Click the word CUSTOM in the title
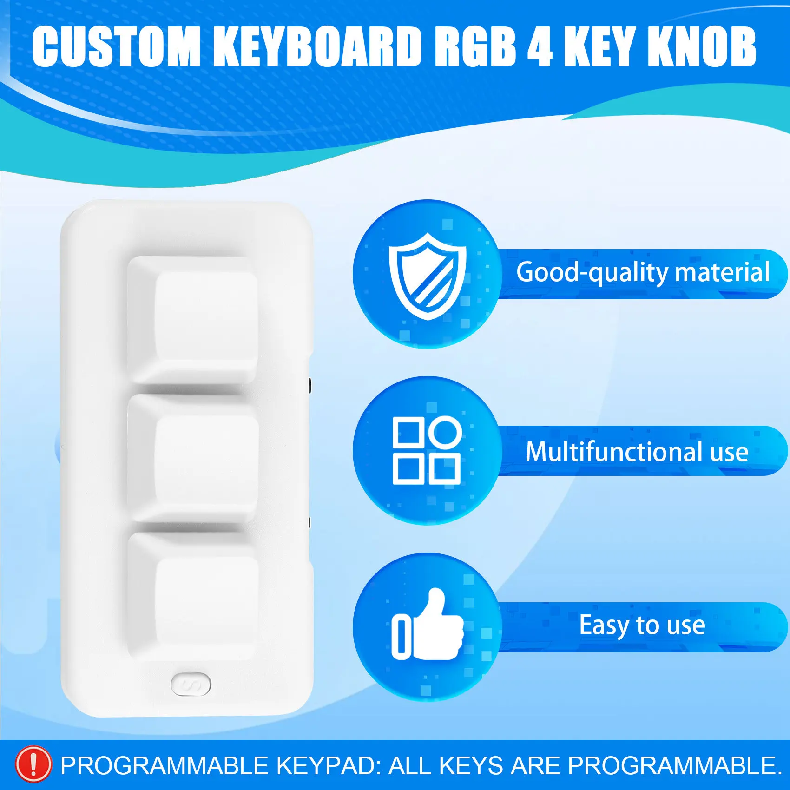[116, 46]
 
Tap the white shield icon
[428, 276]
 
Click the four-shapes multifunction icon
[427, 450]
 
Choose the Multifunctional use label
[637, 452]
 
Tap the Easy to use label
[642, 625]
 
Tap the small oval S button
[191, 684]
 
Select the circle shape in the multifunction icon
[445, 432]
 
